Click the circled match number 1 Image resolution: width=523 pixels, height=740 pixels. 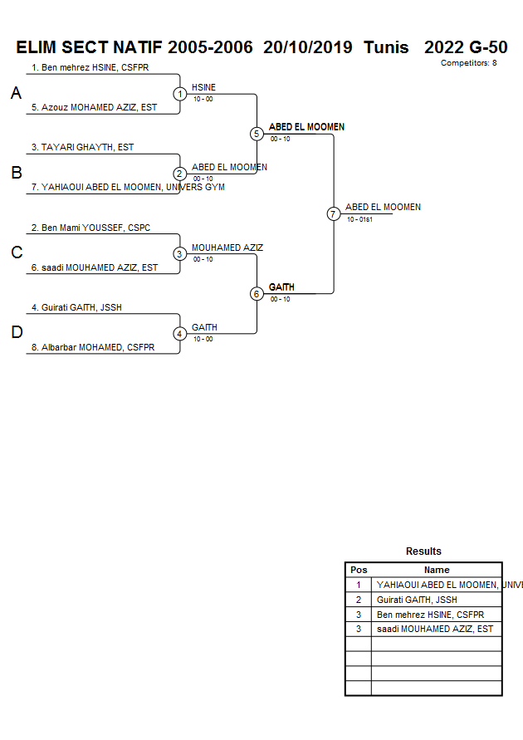(180, 94)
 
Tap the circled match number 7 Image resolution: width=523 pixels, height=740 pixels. (334, 213)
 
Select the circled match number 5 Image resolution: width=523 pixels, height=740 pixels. (257, 134)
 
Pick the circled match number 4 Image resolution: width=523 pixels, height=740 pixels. (180, 334)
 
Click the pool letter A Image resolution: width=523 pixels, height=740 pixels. (16, 94)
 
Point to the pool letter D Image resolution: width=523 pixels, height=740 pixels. (16, 333)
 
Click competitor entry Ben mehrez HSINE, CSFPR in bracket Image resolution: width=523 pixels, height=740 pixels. (90, 67)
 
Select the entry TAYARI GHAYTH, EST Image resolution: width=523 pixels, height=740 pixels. (83, 147)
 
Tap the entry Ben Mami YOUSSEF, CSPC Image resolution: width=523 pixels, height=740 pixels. (90, 228)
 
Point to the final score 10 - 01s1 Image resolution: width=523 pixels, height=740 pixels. (360, 219)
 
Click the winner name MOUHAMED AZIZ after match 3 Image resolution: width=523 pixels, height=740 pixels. (227, 247)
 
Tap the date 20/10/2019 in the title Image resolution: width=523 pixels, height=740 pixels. (308, 47)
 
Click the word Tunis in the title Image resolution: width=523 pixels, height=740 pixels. (386, 47)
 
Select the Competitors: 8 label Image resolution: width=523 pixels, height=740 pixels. (469, 63)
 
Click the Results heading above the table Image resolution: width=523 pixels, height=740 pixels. (423, 551)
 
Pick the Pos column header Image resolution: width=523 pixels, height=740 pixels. (359, 570)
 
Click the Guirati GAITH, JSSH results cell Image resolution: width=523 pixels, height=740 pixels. (417, 600)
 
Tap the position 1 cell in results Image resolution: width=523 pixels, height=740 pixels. (359, 585)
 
